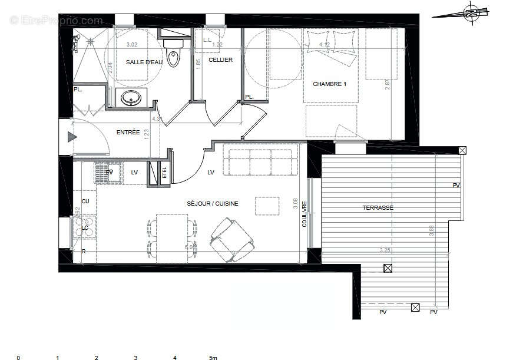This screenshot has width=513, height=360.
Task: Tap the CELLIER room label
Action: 221,60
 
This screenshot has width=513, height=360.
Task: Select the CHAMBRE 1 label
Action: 329,84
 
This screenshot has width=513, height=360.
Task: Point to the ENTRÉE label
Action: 128,133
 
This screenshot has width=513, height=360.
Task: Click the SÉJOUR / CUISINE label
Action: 213,203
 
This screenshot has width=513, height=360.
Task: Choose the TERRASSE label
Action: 378,207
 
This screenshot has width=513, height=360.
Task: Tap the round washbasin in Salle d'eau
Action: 130,98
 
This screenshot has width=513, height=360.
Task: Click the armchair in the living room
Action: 231,240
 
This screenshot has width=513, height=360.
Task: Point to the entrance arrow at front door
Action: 72,138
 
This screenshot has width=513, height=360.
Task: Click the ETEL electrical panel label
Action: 164,173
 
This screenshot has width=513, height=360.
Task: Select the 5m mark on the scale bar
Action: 213,357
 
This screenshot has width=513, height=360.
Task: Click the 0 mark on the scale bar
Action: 18,357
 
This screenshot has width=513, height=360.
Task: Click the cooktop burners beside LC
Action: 84,227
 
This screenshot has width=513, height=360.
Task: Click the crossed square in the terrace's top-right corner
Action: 462,150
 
